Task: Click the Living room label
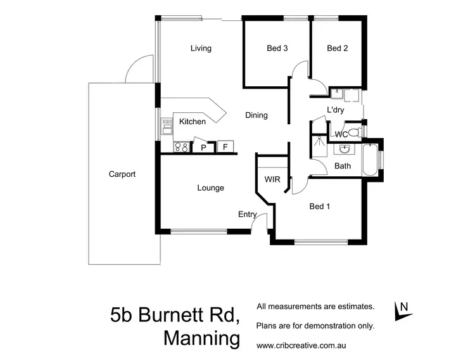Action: click(201, 48)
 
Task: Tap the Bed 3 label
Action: click(277, 48)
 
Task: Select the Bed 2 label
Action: click(337, 48)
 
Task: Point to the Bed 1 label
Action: click(320, 206)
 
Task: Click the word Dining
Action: click(256, 115)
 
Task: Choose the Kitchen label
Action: click(193, 122)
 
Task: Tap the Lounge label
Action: click(210, 188)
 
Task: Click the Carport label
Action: click(122, 174)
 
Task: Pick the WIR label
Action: click(272, 179)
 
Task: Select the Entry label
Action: click(246, 214)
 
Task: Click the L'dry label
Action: click(335, 110)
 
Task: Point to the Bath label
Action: click(343, 166)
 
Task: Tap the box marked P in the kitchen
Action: click(204, 148)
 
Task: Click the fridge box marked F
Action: click(224, 147)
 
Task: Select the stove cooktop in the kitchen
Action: click(181, 148)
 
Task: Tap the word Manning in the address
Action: click(202, 338)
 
